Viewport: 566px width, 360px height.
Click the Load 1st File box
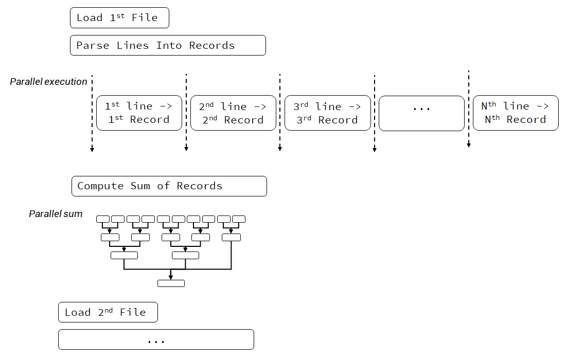119,18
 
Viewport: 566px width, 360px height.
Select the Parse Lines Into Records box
168,45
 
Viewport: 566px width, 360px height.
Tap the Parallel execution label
48,82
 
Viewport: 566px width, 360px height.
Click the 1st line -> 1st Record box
139,113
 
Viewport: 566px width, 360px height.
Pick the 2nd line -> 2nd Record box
233,113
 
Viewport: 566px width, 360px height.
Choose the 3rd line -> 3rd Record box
327,113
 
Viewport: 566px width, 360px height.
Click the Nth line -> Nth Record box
516,113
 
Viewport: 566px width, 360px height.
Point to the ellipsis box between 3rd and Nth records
421,113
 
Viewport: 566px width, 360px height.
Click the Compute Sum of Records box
169,186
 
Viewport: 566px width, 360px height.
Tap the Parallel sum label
56,214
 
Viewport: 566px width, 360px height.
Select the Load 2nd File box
108,313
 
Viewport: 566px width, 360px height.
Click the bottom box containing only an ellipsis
156,340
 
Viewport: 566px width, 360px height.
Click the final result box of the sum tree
171,283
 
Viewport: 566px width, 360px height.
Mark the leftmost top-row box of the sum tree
103,219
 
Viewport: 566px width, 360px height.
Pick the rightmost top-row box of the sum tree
239,219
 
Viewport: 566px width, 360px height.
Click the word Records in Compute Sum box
200,186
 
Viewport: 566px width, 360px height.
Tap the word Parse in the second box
93,45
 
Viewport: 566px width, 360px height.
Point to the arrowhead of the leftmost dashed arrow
92,150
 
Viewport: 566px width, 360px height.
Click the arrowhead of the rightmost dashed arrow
469,145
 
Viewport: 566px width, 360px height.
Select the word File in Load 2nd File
133,313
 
